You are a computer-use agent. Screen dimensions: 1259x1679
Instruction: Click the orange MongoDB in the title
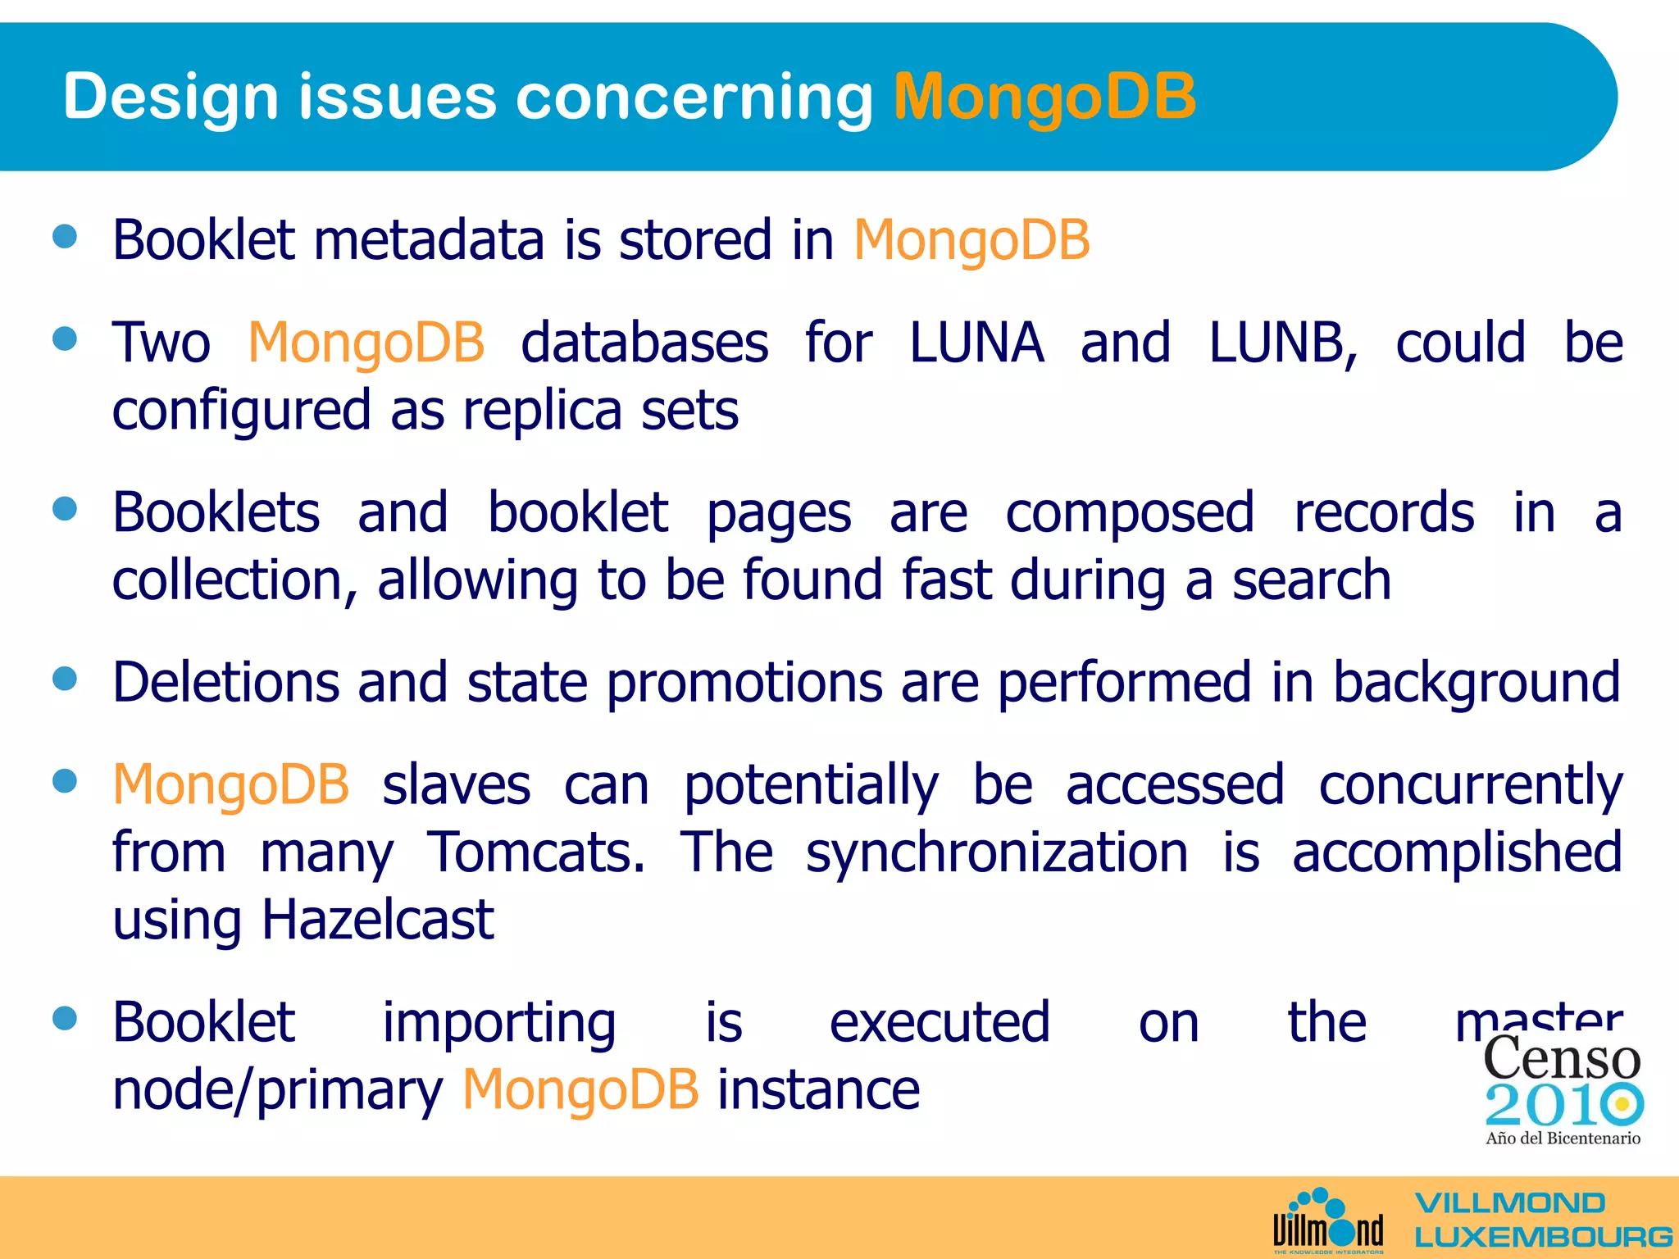(1044, 97)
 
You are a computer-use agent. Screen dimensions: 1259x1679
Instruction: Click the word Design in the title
(171, 97)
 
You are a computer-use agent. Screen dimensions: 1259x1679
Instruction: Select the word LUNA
(976, 343)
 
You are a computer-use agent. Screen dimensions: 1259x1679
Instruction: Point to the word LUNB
(1282, 343)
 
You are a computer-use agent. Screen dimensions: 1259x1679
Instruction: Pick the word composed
(1130, 513)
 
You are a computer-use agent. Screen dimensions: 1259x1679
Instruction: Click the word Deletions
(225, 682)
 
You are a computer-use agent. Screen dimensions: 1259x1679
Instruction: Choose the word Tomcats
(536, 852)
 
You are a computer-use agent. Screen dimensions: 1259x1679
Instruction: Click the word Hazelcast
(377, 920)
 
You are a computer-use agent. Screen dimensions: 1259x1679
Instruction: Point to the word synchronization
(997, 852)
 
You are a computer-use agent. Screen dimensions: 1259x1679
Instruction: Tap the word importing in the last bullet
(499, 1023)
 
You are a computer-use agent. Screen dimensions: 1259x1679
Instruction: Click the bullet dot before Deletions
(65, 679)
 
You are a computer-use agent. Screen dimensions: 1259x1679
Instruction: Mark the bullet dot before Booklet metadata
(65, 237)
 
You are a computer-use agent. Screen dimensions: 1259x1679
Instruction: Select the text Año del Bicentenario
(1563, 1138)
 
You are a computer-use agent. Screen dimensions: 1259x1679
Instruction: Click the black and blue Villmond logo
(1328, 1221)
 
